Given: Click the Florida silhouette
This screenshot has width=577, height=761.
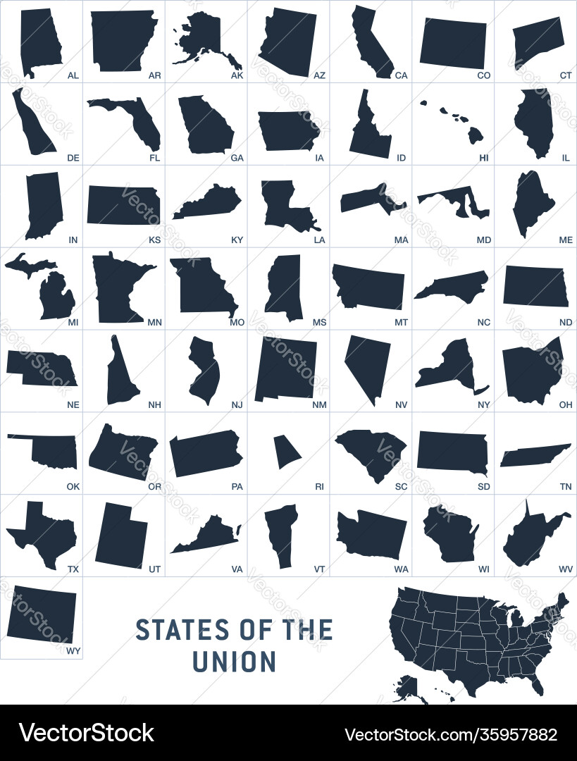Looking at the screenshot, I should click(x=134, y=120).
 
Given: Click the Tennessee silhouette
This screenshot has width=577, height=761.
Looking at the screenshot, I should click(x=535, y=455).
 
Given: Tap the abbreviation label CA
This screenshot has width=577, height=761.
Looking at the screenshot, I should click(x=402, y=75).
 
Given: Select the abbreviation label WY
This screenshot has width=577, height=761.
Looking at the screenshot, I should click(x=73, y=651).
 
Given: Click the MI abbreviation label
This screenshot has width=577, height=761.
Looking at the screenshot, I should click(x=73, y=322).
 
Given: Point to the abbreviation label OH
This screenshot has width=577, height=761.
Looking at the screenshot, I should click(x=566, y=404).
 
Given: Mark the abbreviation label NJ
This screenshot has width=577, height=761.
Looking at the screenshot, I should click(x=237, y=404).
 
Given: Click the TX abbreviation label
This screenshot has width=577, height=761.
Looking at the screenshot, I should click(x=73, y=569).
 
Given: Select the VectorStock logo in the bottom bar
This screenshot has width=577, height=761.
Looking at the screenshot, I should click(x=87, y=734).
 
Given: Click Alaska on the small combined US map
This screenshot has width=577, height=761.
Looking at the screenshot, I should click(x=405, y=687).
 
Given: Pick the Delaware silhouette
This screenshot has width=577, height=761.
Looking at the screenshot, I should click(x=32, y=123).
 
